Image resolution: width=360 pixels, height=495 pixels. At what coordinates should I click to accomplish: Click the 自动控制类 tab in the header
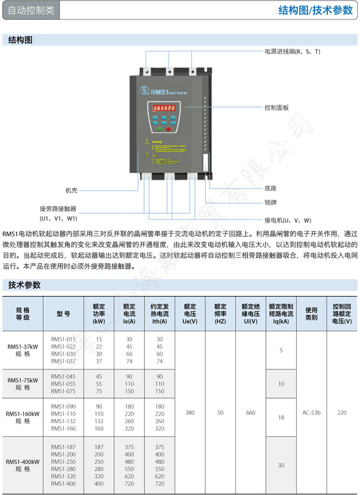31,11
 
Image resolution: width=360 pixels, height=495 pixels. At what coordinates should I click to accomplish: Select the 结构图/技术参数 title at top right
315,11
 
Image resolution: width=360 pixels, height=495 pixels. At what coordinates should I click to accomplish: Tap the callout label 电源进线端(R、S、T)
292,51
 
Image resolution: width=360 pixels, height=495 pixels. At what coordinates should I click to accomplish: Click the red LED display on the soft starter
164,109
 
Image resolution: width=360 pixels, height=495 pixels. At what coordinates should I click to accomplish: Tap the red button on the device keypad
168,128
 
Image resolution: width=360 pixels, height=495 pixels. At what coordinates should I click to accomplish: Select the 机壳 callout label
72,191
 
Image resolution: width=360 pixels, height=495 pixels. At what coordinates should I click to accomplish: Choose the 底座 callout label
270,188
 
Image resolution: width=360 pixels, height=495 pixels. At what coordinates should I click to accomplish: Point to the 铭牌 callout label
270,202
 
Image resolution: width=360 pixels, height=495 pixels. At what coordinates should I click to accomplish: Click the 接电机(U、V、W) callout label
288,220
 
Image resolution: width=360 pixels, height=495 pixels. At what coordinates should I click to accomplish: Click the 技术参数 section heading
24,285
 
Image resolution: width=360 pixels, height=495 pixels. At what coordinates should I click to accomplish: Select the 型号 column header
63,314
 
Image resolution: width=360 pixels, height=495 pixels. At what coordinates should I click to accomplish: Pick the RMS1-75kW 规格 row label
23,384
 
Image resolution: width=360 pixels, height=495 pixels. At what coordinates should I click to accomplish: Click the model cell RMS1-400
63,483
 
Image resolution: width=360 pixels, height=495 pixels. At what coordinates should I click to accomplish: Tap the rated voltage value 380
190,412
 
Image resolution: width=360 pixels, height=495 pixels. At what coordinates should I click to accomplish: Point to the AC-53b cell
312,412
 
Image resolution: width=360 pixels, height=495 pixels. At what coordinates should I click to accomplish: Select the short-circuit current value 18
281,417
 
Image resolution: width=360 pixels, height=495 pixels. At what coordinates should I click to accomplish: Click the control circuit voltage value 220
342,412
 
